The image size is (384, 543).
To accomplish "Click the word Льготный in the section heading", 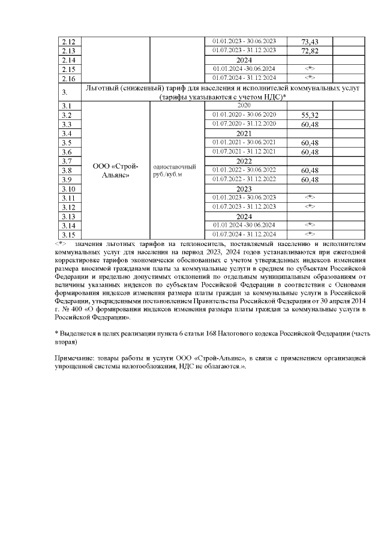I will [x=107, y=88].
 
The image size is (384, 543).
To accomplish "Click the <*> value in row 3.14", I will [x=310, y=225].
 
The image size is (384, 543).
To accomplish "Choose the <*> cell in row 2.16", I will [x=310, y=78].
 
